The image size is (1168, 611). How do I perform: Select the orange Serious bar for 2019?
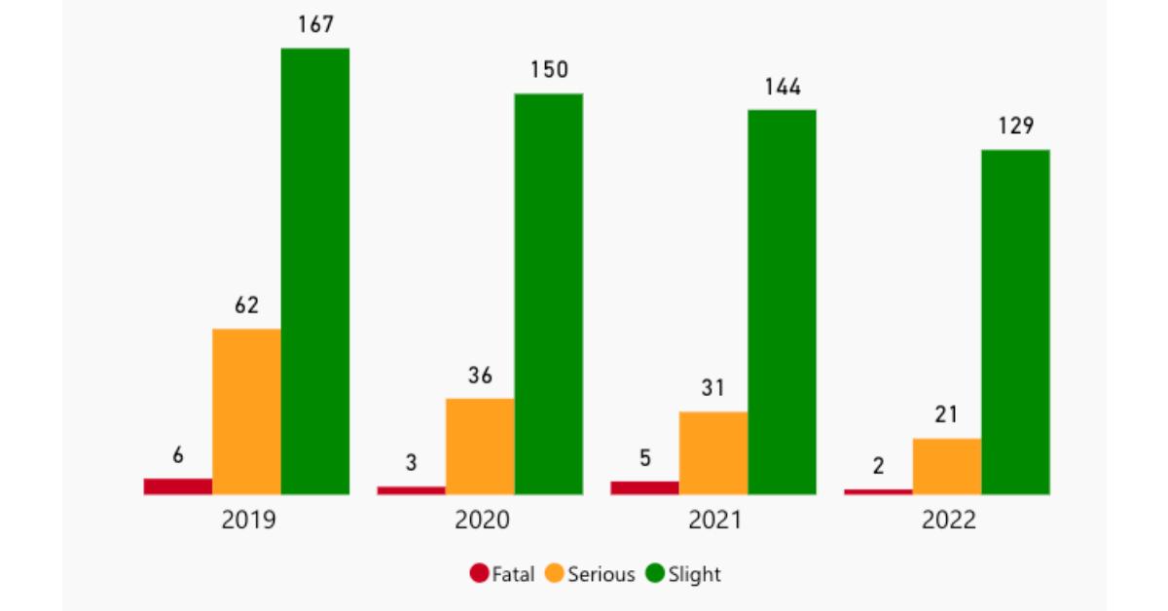pos(246,412)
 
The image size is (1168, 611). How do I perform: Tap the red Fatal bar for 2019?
pos(178,486)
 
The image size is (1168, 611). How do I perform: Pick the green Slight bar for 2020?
pos(549,294)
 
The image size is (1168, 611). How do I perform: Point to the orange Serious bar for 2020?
pos(480,446)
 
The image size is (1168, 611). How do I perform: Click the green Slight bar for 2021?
pos(782,302)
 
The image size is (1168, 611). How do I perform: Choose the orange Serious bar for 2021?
pos(713,452)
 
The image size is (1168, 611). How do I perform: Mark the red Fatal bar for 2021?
pos(644,487)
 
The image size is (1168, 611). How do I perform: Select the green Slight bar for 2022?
pos(1015,322)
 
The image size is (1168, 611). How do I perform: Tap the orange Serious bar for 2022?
pos(947,466)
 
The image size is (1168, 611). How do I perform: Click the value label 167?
pos(316,25)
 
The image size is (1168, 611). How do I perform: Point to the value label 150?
pos(549,70)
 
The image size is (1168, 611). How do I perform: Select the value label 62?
pos(246,305)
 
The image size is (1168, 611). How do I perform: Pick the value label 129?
pos(1015,126)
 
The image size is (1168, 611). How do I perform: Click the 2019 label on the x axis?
pos(248,521)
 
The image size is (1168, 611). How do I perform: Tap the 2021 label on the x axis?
pos(714,521)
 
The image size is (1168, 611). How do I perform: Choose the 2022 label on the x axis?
pos(948,521)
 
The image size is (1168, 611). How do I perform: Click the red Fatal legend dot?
pos(479,574)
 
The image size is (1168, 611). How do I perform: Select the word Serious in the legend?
pos(602,575)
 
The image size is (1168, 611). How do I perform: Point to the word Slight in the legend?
pos(695,575)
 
